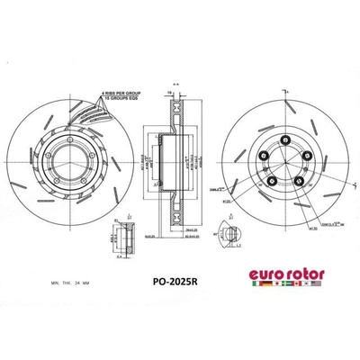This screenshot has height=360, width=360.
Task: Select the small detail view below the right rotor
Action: (230, 237)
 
